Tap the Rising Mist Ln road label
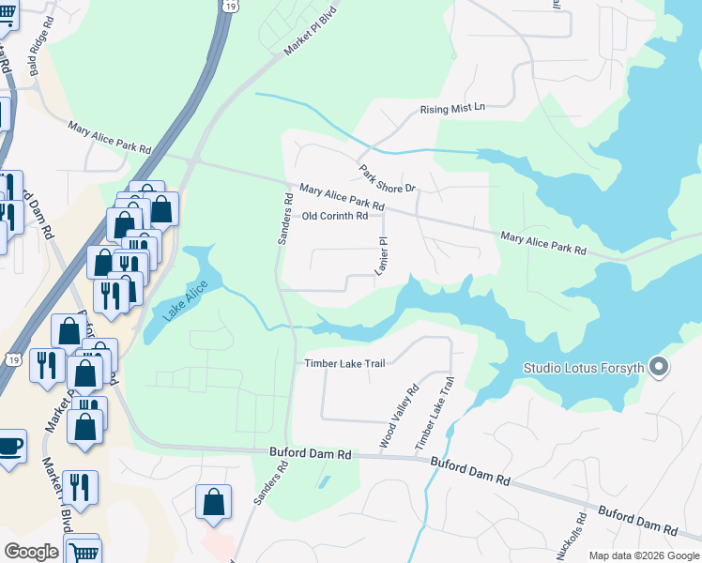[x=452, y=108]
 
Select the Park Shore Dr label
[x=387, y=180]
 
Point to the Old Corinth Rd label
[x=335, y=216]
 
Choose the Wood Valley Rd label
[x=397, y=416]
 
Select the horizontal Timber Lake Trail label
[x=344, y=364]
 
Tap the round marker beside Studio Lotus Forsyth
[x=659, y=367]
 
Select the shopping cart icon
[x=84, y=551]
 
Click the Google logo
[x=31, y=552]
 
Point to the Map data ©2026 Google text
[x=643, y=555]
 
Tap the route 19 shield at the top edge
[x=231, y=6]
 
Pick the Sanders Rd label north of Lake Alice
[x=284, y=220]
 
